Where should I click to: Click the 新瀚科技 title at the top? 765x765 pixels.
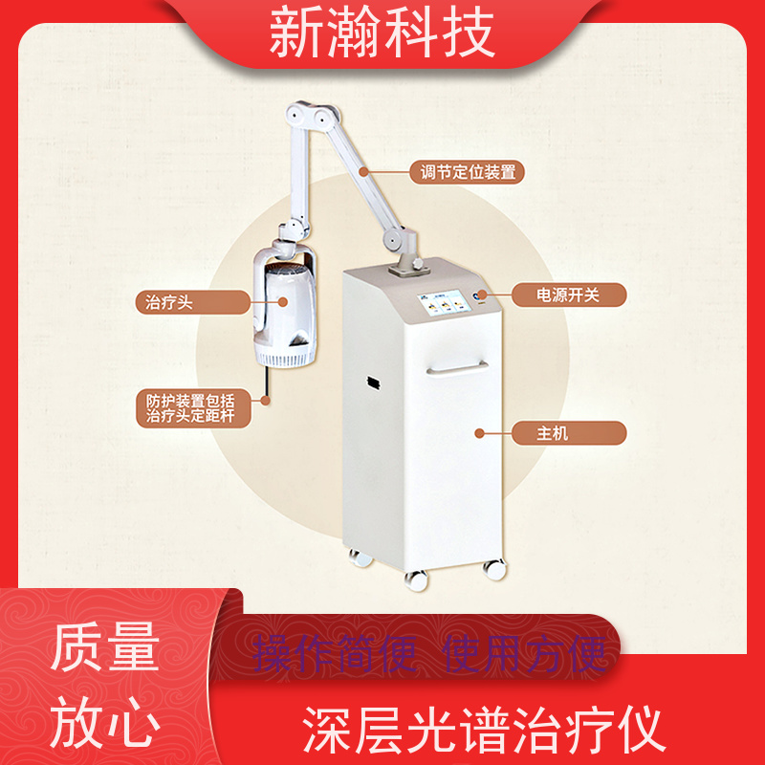click(x=382, y=33)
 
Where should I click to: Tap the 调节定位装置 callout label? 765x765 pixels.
click(x=467, y=172)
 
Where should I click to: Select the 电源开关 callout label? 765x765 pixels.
click(x=568, y=295)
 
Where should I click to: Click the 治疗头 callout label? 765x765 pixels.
click(x=193, y=302)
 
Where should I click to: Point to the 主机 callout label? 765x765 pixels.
click(x=568, y=433)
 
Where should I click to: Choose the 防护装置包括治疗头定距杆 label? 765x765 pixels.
click(x=193, y=408)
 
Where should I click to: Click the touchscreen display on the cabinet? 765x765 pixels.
click(x=441, y=303)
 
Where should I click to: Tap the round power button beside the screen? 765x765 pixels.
click(x=480, y=295)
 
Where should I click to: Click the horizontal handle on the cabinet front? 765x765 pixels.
click(x=457, y=369)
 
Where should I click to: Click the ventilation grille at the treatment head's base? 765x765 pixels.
click(x=285, y=360)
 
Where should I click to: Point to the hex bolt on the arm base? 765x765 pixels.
click(x=418, y=263)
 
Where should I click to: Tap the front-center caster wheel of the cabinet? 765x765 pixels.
click(x=416, y=580)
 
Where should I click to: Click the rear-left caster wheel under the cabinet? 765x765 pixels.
click(x=361, y=557)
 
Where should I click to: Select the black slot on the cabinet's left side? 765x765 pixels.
click(x=374, y=383)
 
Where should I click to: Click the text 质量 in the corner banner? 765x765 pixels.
click(x=105, y=647)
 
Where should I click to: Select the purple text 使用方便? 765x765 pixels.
click(x=525, y=653)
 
